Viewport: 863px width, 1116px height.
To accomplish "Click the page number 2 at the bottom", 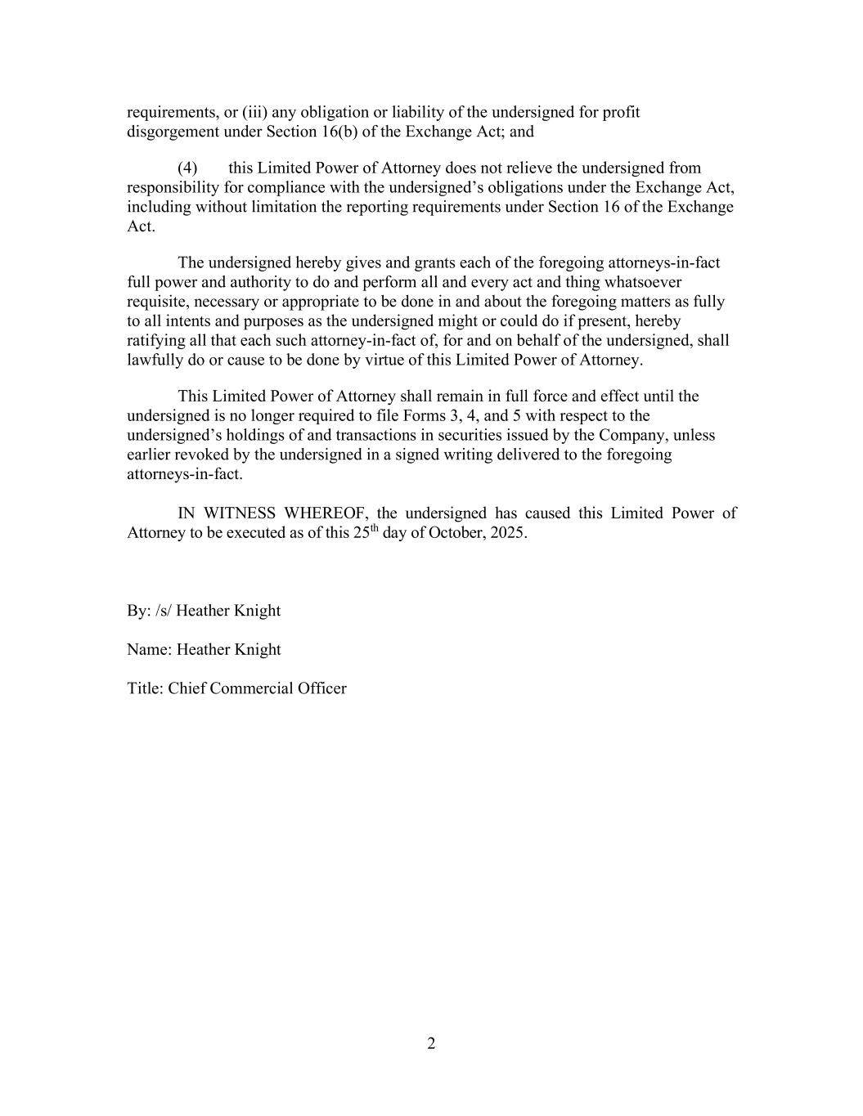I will coord(431,1043).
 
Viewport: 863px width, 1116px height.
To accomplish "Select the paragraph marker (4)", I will coord(187,168).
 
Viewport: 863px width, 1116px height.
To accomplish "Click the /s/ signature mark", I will coord(163,611).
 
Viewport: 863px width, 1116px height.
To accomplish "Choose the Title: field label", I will coord(145,688).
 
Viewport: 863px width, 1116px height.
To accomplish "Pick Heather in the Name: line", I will coord(203,650).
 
